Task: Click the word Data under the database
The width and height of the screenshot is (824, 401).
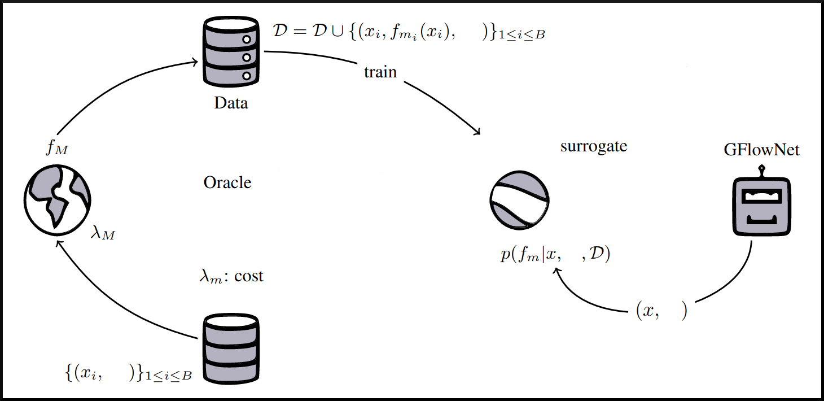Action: coord(231,103)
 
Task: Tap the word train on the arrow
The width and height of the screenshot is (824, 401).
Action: coord(380,72)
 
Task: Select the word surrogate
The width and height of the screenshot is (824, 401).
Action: coord(594,146)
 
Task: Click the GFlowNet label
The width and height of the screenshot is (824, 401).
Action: coord(762,150)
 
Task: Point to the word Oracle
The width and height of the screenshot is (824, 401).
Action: coord(227,182)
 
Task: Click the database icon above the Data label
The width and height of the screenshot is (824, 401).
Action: coord(230,51)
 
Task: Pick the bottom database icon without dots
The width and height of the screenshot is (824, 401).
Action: coord(230,347)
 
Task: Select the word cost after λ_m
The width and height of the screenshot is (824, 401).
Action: coord(249,277)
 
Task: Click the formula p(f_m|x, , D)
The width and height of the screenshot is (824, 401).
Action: coord(556,255)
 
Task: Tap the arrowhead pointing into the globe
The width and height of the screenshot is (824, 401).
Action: coord(57,242)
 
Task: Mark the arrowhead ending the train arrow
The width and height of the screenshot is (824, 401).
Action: coord(477,132)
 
